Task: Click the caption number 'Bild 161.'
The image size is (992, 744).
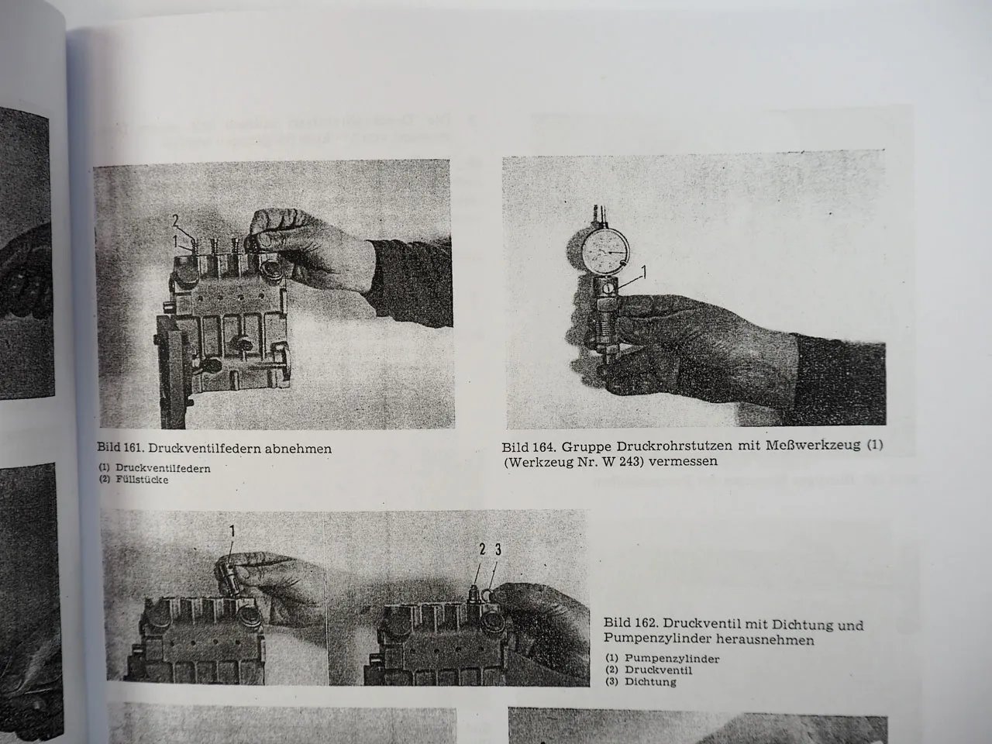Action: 120,448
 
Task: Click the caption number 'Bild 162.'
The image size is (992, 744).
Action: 629,625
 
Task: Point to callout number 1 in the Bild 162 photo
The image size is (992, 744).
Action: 231,531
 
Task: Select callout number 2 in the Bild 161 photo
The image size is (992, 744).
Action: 176,220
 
